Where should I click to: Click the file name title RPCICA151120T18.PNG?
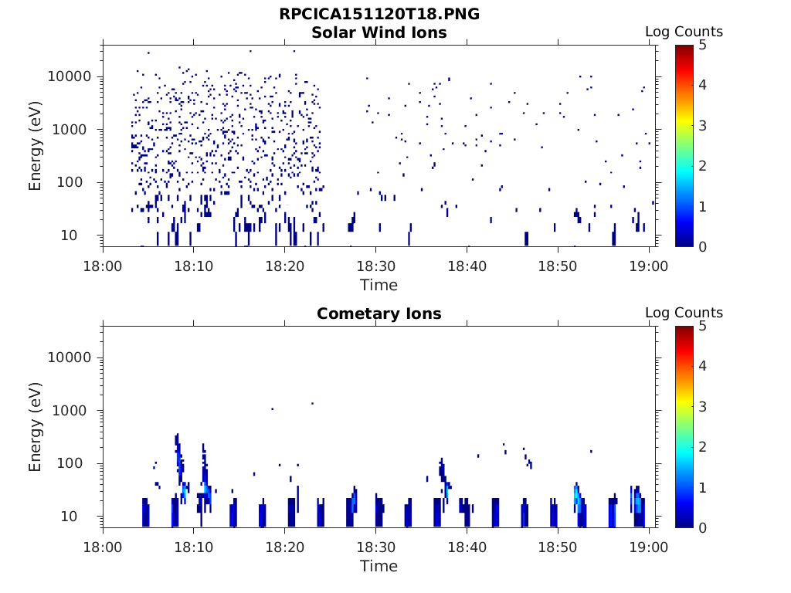click(379, 15)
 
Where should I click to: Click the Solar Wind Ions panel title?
click(379, 32)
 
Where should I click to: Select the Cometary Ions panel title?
click(379, 313)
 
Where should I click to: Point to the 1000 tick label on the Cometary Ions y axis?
click(75, 411)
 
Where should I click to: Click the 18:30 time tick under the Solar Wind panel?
click(375, 266)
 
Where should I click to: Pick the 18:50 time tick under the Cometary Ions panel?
click(558, 547)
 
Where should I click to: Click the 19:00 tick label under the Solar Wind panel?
click(649, 266)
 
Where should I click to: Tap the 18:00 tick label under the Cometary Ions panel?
click(103, 547)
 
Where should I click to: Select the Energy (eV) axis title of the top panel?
click(36, 145)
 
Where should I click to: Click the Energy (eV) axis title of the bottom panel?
click(36, 426)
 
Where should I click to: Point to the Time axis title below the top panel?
click(379, 285)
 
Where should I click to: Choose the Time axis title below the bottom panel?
click(379, 566)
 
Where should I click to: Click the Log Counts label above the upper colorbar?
click(684, 32)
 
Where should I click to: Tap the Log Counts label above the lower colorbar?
click(684, 313)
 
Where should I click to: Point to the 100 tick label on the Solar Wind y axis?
click(79, 182)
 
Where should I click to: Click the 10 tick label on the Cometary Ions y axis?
click(83, 516)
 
